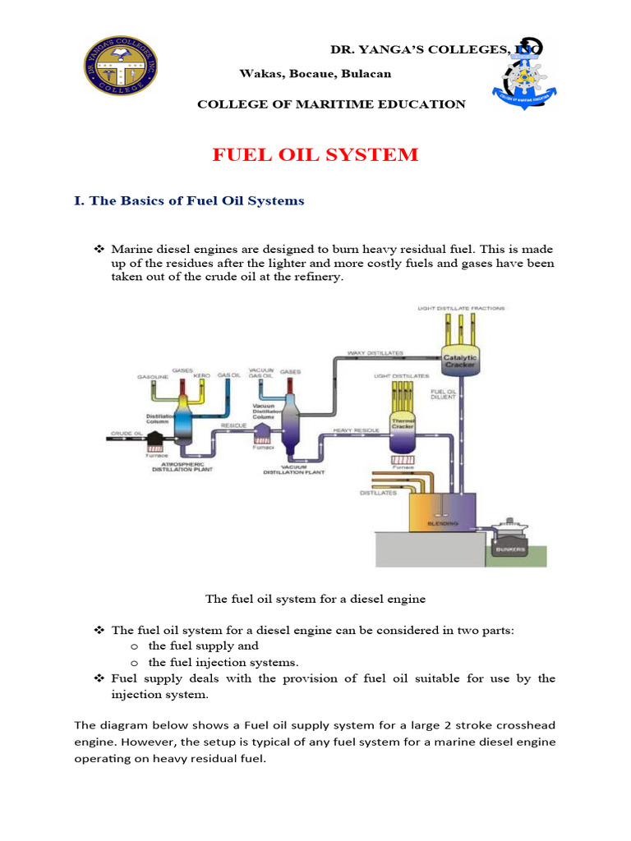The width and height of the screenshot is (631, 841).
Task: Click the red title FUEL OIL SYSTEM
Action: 315,154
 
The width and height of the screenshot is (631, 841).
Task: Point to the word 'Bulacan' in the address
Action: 370,74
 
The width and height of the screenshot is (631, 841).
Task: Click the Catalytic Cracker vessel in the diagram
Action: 460,360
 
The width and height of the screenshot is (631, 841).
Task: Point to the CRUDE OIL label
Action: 127,432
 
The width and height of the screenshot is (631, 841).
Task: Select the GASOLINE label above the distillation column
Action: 153,376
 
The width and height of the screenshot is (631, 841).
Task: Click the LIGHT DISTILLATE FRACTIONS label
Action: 461,308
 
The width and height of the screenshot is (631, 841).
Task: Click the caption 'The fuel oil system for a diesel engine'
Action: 315,599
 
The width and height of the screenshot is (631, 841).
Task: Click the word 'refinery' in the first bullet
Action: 316,278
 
